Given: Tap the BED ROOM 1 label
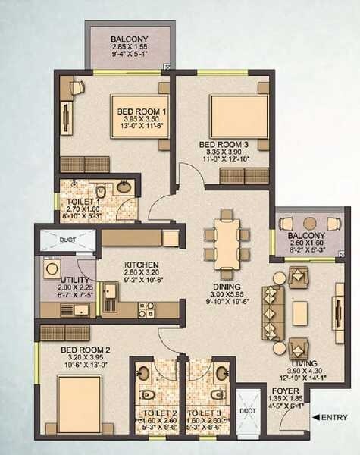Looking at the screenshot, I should tap(142, 112).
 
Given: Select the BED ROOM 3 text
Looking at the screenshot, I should tap(223, 143).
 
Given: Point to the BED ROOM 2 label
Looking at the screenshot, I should tap(86, 350).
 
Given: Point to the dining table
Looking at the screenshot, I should tap(226, 234).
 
